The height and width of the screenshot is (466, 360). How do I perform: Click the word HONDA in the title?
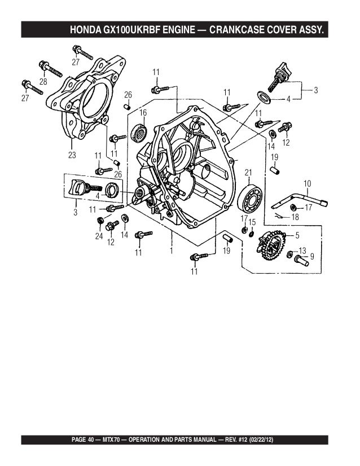coord(86,29)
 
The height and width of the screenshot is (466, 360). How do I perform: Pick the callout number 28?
coord(42,82)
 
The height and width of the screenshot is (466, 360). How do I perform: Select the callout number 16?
coord(143,113)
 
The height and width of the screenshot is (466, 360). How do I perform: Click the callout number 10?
coord(308,183)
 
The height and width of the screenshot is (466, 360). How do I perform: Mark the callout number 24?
coord(99,236)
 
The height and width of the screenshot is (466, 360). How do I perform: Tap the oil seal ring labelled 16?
coord(139,134)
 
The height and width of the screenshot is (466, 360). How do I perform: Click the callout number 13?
coord(302,250)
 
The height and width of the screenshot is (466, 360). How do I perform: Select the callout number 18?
coord(295,217)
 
